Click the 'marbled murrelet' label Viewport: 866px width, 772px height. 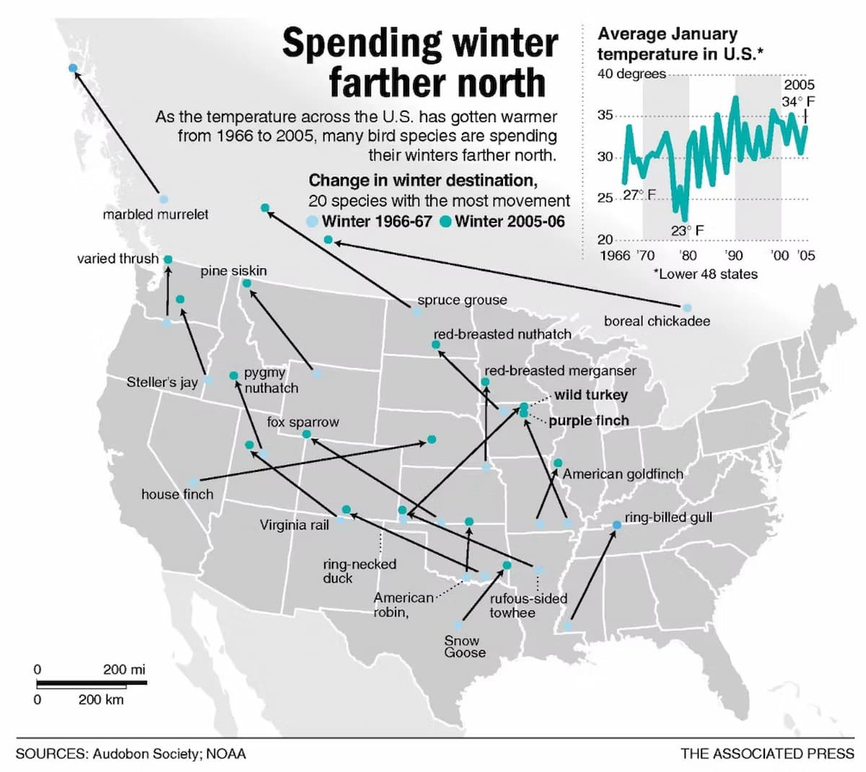(x=155, y=214)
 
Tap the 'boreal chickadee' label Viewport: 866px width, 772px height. (x=657, y=321)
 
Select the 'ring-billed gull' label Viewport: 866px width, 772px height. (x=668, y=517)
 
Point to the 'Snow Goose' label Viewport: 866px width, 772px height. (x=465, y=646)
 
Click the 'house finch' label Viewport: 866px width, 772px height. (x=178, y=494)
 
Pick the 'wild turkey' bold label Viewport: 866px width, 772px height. (x=591, y=395)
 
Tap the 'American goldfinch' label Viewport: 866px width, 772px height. (x=623, y=474)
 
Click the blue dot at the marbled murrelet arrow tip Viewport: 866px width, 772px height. (x=73, y=68)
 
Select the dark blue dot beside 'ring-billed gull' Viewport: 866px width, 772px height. (x=616, y=525)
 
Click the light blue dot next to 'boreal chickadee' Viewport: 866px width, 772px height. (x=686, y=308)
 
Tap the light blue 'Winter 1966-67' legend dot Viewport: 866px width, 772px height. (x=312, y=221)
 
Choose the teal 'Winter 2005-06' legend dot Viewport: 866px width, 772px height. (x=445, y=221)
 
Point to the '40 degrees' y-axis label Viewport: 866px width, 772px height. (x=631, y=74)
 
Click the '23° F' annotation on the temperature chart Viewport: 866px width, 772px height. (x=687, y=231)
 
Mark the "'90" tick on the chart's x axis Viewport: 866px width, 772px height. (x=733, y=255)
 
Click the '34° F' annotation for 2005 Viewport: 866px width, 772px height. (x=797, y=101)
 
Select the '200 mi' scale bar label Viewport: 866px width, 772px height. (x=124, y=669)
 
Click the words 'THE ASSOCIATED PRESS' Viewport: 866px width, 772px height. (x=767, y=754)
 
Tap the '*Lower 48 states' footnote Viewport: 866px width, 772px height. (x=705, y=274)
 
